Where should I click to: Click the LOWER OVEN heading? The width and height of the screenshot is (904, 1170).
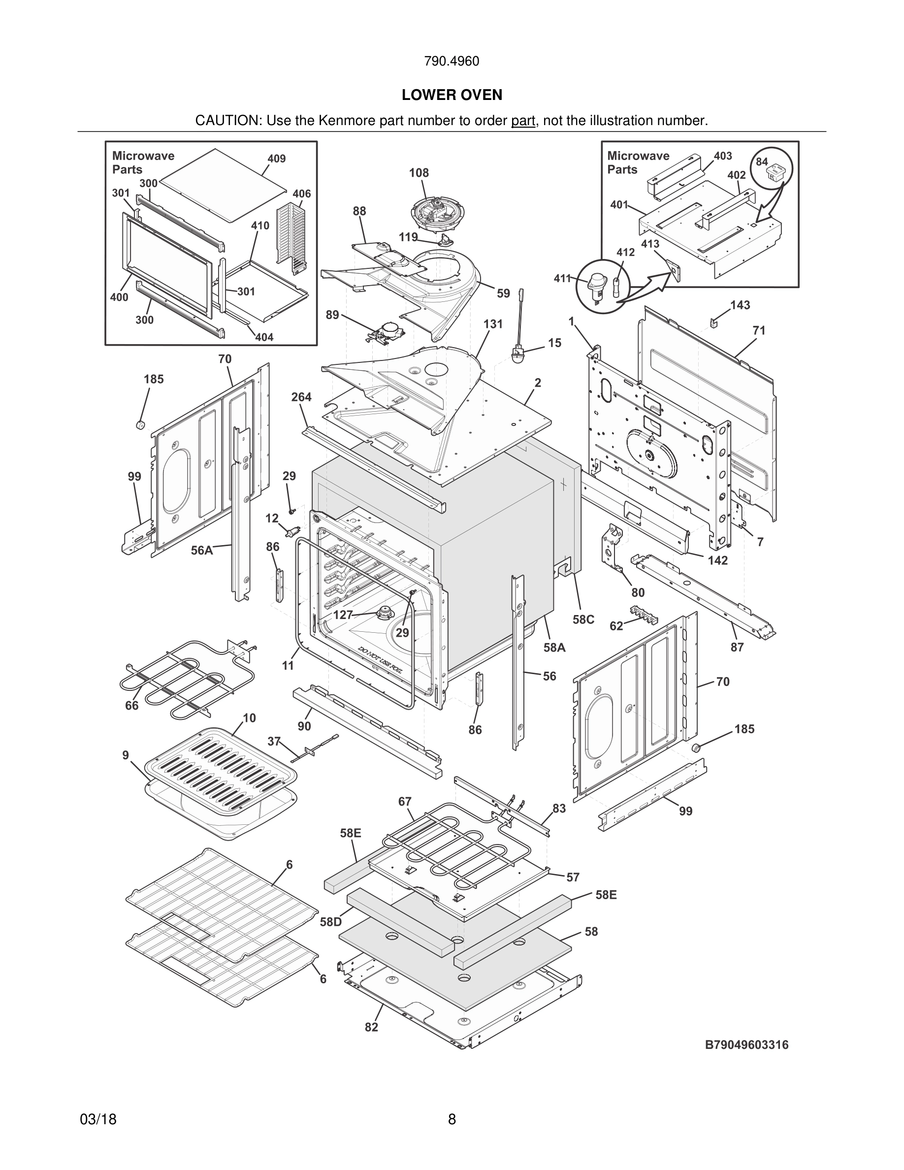tap(452, 96)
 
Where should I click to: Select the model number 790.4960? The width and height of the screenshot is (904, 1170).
tap(452, 62)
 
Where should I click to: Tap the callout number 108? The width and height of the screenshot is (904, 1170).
tap(419, 173)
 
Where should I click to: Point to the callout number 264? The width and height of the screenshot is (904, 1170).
tap(301, 397)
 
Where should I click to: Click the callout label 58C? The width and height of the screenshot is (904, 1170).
tap(583, 619)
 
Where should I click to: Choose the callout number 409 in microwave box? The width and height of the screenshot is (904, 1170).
tap(276, 159)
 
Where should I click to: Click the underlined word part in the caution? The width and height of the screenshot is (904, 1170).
tap(523, 121)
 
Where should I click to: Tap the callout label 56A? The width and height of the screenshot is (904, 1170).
tap(202, 550)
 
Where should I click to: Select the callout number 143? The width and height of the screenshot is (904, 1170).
tap(740, 305)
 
